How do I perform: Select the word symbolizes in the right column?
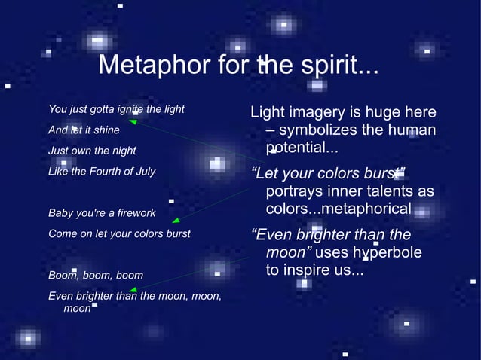tap(317, 130)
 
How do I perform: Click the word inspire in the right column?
tap(309, 270)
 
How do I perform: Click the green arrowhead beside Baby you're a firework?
tap(176, 221)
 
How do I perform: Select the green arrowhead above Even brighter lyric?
tap(133, 289)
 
